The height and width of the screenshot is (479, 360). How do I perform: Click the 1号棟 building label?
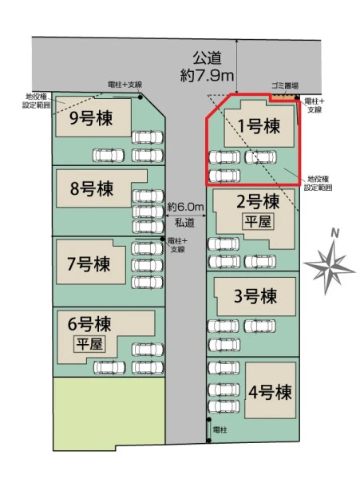coord(259,126)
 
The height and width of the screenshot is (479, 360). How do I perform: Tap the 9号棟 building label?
coord(91,117)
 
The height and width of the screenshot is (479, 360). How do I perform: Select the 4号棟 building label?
coord(270,392)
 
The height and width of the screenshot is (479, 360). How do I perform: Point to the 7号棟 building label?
coord(89,264)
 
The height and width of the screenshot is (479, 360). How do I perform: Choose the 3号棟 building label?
coord(255,296)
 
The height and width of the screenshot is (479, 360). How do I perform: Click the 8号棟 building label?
coord(92,188)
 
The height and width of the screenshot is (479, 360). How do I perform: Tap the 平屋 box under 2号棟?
coord(258,221)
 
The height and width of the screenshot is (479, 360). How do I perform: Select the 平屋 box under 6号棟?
coord(89,344)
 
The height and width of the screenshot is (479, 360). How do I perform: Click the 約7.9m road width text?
coord(207,76)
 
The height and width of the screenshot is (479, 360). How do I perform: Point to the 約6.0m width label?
coord(185,208)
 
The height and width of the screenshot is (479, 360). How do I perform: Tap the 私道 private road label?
coord(184,223)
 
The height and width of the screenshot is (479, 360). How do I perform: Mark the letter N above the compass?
coord(335,234)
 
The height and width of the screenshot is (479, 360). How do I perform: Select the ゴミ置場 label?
coord(285,86)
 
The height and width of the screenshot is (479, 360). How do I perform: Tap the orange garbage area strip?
coord(283,97)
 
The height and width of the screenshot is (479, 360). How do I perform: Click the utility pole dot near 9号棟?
coord(140,97)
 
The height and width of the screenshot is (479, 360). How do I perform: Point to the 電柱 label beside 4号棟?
coord(220,430)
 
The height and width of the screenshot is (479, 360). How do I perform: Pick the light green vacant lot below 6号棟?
coord(109,413)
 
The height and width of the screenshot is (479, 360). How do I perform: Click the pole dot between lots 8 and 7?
coord(163,239)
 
